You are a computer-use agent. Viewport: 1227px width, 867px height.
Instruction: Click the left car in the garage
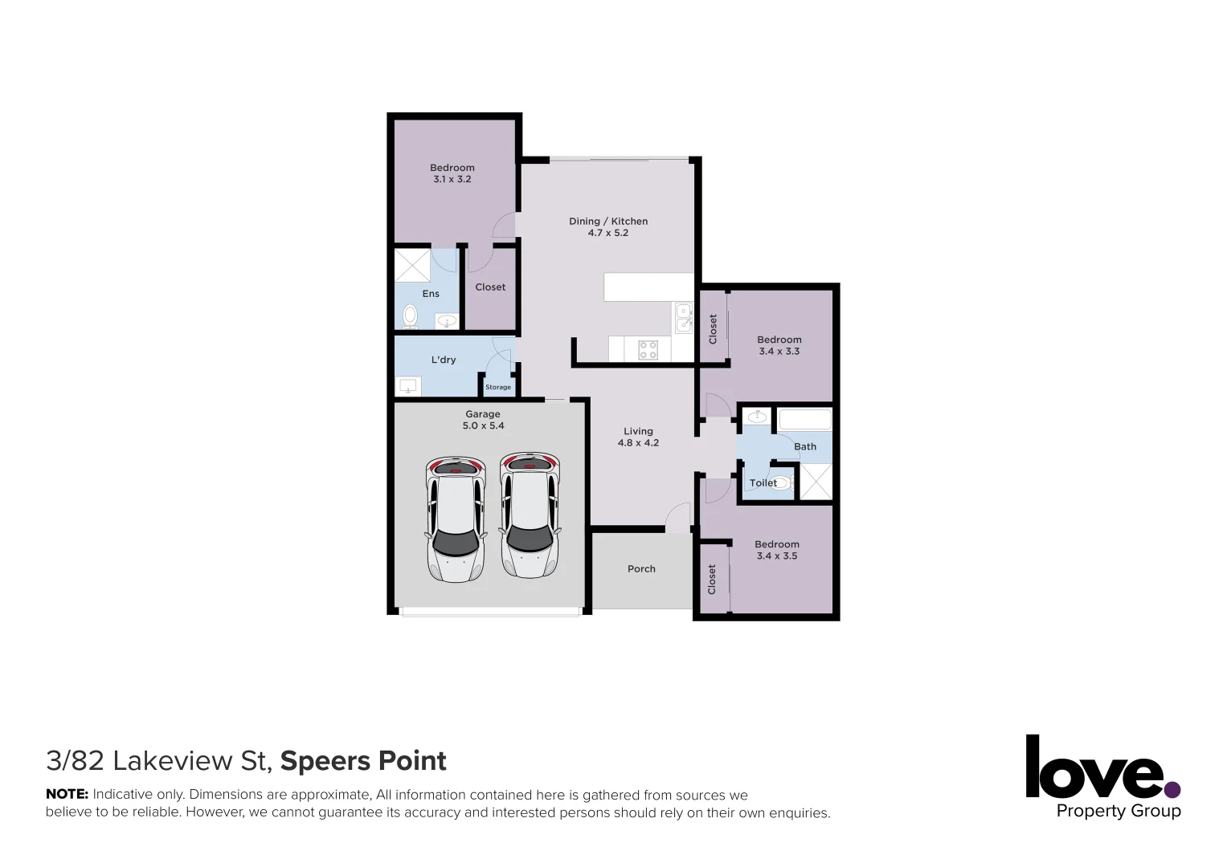456,519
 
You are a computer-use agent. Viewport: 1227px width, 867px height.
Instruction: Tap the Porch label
641,569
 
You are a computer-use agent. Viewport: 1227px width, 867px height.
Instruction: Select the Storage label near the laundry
498,387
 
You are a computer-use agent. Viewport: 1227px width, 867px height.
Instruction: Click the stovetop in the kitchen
648,349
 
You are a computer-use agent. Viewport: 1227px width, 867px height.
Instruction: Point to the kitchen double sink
683,318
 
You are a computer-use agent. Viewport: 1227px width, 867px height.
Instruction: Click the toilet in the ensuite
410,316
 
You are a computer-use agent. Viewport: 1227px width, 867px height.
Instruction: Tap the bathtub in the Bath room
804,419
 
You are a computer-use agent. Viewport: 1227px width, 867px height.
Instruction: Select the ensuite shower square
412,265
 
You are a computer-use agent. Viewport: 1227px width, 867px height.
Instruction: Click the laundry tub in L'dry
409,387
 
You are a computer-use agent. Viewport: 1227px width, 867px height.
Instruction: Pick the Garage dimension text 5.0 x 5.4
483,426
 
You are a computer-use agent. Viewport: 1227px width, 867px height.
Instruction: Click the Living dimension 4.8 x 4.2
638,443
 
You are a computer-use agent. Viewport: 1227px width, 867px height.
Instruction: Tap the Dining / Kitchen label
608,222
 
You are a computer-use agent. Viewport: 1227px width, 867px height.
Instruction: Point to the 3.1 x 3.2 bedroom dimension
452,180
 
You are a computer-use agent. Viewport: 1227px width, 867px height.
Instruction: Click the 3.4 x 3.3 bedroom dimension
779,352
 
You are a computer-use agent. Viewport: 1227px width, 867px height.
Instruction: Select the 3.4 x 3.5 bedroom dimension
777,556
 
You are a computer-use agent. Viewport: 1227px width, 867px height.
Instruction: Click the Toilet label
763,483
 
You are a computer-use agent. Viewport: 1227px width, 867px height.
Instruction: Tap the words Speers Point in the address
363,761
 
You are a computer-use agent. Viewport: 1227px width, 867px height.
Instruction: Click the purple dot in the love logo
1172,789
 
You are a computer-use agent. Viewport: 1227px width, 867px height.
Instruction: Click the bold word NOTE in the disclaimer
67,795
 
